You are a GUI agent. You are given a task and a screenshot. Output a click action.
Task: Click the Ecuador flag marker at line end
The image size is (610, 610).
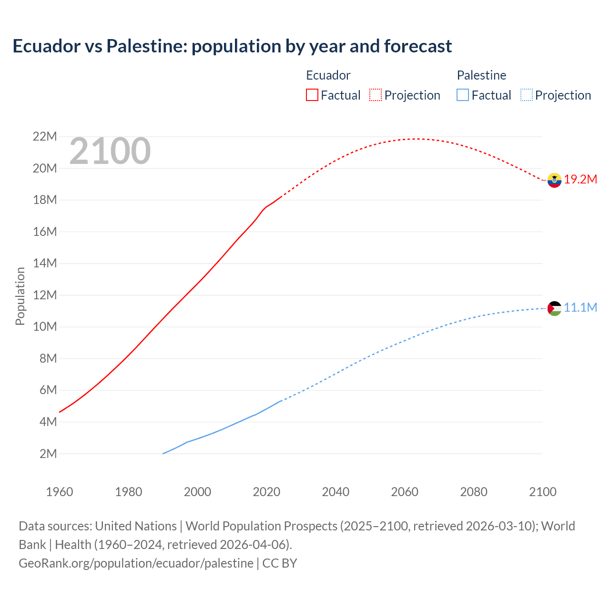click(x=554, y=180)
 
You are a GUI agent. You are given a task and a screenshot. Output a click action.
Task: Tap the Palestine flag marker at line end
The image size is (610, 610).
click(x=554, y=308)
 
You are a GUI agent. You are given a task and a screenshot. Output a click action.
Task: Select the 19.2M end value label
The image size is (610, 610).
click(x=580, y=180)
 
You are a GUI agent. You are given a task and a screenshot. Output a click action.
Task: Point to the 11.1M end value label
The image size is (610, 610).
click(x=580, y=308)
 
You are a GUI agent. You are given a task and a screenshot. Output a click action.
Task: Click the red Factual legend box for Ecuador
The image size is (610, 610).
click(x=312, y=95)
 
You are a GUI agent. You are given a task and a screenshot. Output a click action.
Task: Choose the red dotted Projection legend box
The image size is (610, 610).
click(x=376, y=95)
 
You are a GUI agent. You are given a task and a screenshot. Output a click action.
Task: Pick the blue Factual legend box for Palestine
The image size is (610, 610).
click(x=463, y=95)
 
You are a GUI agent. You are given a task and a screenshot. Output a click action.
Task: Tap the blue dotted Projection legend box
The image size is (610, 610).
click(x=527, y=95)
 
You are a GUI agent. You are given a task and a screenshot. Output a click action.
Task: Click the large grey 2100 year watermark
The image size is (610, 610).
click(x=110, y=152)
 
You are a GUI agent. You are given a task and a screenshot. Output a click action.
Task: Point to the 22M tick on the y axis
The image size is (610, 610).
click(x=45, y=137)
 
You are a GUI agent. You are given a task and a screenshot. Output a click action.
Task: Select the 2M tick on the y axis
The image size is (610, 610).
click(x=48, y=454)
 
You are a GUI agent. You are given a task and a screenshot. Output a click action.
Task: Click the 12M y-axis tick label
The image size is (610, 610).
click(x=45, y=295)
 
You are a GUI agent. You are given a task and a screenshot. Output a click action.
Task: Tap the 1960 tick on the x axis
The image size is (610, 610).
click(x=60, y=492)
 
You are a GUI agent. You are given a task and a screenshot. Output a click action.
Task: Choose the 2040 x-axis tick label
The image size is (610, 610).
click(x=335, y=492)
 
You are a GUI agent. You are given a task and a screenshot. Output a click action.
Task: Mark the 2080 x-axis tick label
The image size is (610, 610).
click(x=474, y=492)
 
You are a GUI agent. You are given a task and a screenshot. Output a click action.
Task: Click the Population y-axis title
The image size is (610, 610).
click(x=20, y=296)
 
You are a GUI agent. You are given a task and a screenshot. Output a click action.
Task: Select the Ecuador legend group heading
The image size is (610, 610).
click(x=328, y=75)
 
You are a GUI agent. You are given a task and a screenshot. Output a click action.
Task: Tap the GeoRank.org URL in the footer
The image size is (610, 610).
click(x=136, y=563)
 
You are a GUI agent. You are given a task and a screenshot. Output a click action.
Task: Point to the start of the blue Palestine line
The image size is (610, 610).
click(x=163, y=453)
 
